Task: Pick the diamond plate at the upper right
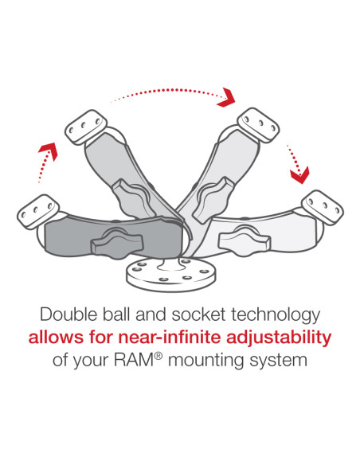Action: pyautogui.click(x=258, y=124)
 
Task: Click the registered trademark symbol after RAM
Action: pyautogui.click(x=176, y=355)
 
